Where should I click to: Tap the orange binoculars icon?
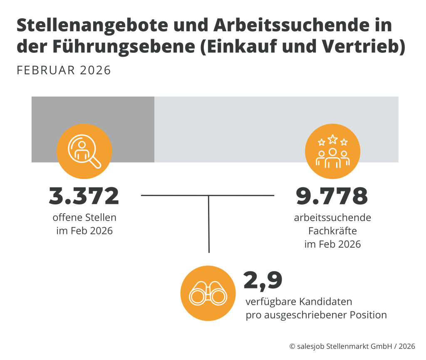[x=207, y=293]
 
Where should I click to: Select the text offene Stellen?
[x=84, y=218]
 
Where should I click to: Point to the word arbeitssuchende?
[x=332, y=218]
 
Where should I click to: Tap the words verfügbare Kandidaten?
[x=299, y=301]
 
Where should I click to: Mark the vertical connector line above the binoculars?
[x=209, y=225]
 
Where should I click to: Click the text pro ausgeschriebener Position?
[x=316, y=315]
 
